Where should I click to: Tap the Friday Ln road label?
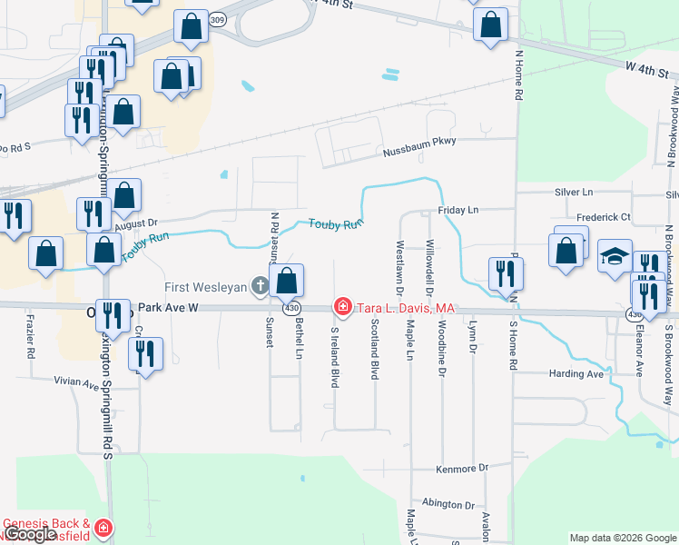coord(458,210)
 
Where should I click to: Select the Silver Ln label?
coord(573,193)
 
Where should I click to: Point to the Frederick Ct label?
coord(603,218)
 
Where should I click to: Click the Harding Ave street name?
coord(576,374)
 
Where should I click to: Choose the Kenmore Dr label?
coord(461,469)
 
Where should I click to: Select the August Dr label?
coord(136,222)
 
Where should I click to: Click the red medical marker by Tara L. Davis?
coord(342,307)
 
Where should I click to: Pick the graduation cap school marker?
coord(615,258)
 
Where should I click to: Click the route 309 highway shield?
coord(215,18)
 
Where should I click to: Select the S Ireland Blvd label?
coord(335,359)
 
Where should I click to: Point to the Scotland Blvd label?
coord(374,350)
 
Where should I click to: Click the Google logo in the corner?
coord(31,535)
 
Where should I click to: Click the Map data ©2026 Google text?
coord(622,538)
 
